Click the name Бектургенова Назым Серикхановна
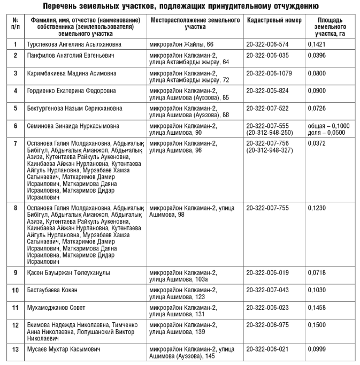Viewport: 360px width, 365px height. click(74, 108)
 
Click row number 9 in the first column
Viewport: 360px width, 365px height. click(15, 272)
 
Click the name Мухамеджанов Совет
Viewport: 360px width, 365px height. click(56, 307)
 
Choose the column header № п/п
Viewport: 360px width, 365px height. click(15, 23)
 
